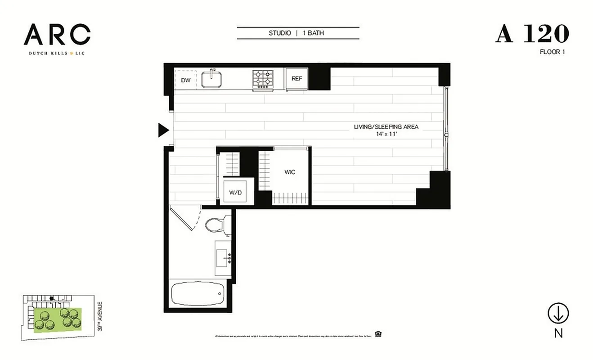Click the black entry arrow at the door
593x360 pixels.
point(163,130)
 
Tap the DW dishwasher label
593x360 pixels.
point(185,81)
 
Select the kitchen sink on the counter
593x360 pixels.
point(212,80)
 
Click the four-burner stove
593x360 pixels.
point(263,79)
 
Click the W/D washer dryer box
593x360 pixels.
point(236,192)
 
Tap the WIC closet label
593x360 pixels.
point(290,172)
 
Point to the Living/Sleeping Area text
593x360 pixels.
point(386,127)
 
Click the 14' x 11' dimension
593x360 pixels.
point(386,134)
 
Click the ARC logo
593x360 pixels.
point(57,35)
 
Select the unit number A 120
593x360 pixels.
point(532,34)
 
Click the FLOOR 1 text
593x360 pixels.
point(552,52)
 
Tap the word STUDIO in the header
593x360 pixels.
point(279,33)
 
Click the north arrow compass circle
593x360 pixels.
point(558,314)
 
